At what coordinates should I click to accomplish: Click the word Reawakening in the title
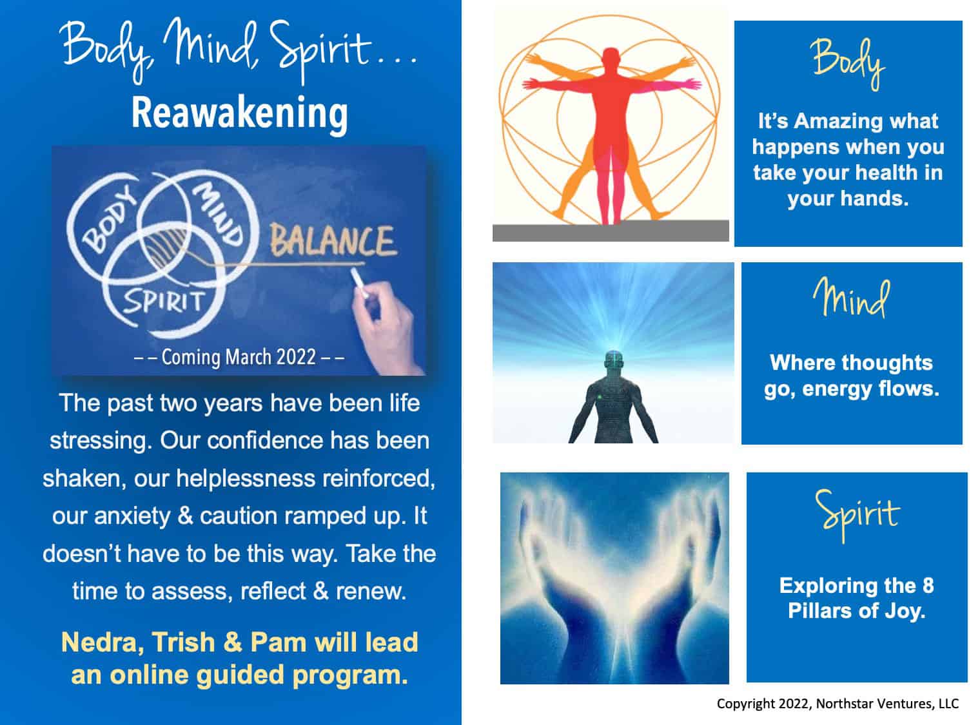click(x=239, y=114)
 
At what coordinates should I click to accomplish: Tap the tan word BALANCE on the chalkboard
click(x=333, y=241)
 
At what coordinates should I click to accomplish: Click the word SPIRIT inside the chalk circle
click(x=164, y=302)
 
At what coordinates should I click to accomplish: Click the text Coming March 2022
click(x=239, y=357)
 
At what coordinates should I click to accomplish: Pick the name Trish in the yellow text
click(x=184, y=642)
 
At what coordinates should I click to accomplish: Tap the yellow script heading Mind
click(x=851, y=298)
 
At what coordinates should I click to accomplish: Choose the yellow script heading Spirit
click(x=857, y=515)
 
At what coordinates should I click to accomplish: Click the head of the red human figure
click(x=611, y=57)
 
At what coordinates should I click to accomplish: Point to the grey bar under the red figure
click(x=611, y=231)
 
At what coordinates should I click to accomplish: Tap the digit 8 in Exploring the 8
click(x=928, y=586)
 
